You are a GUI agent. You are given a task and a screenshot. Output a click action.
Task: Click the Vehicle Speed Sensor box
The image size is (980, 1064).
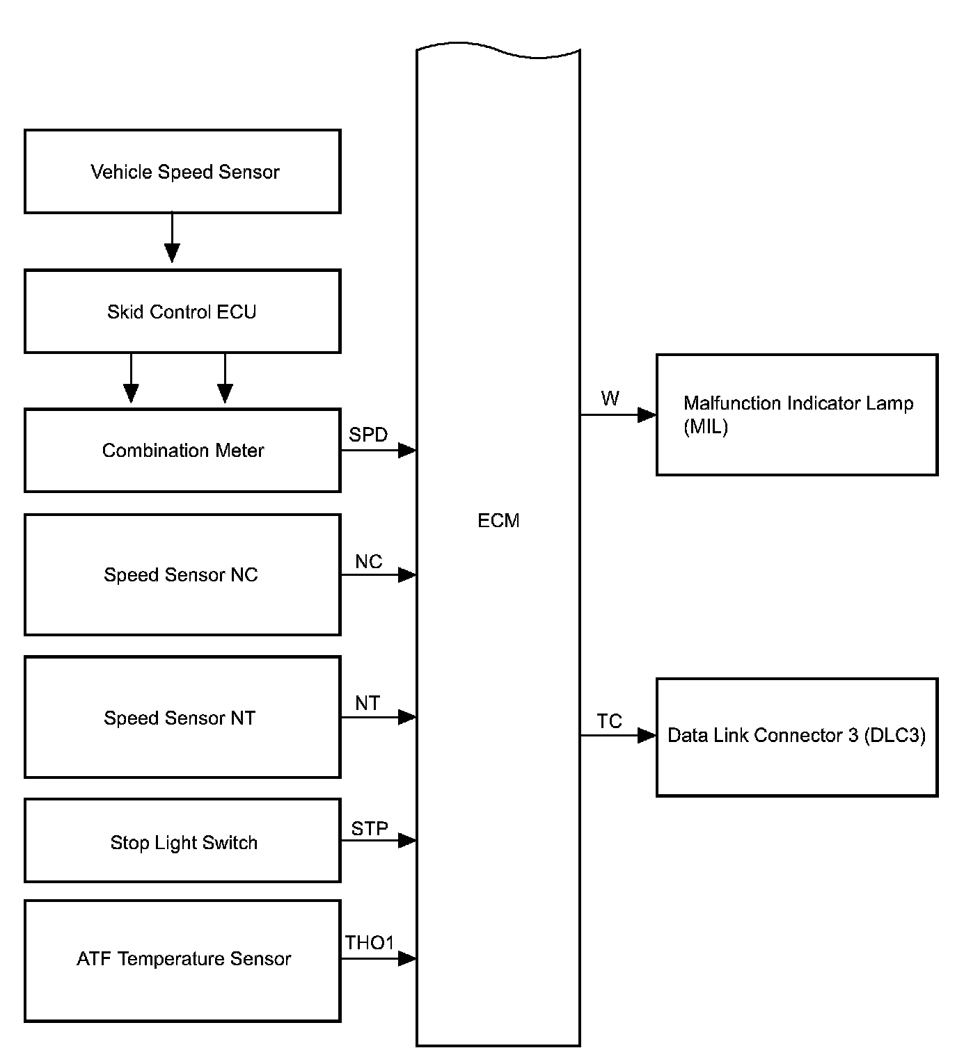tap(182, 171)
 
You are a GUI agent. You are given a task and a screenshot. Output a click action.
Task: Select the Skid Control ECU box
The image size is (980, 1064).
tap(182, 312)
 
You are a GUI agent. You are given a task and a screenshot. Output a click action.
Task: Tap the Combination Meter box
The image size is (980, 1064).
tap(182, 451)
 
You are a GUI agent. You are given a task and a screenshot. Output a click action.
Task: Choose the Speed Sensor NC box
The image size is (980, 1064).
tap(182, 574)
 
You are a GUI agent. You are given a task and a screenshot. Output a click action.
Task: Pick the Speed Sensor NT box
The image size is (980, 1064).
tap(182, 717)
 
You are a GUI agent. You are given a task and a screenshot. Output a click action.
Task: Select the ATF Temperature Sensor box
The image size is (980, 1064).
tap(182, 960)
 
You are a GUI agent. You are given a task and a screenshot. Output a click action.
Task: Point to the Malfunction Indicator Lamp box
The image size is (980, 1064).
tap(797, 414)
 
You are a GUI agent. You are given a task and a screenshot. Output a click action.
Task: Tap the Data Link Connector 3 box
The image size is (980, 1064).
tap(797, 736)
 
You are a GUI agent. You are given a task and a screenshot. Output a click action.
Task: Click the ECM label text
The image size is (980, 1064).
tap(498, 521)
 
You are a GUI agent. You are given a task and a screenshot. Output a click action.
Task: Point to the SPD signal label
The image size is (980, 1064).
tap(368, 435)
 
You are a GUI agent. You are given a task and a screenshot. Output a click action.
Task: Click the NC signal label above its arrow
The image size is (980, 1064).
tap(368, 562)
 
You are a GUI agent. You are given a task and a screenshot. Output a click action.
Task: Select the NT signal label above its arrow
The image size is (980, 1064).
tap(367, 704)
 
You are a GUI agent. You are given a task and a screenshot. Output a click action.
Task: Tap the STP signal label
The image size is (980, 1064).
tap(370, 828)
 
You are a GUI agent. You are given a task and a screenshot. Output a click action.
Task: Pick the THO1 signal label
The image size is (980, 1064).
tap(370, 943)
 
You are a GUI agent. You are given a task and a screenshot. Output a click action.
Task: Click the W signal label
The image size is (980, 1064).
tap(610, 399)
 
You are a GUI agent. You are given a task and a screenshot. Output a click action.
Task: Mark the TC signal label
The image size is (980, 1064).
tap(609, 722)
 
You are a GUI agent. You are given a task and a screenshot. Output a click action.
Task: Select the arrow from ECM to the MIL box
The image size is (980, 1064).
tap(618, 415)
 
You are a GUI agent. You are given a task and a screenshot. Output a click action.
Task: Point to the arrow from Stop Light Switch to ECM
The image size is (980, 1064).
tap(379, 841)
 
